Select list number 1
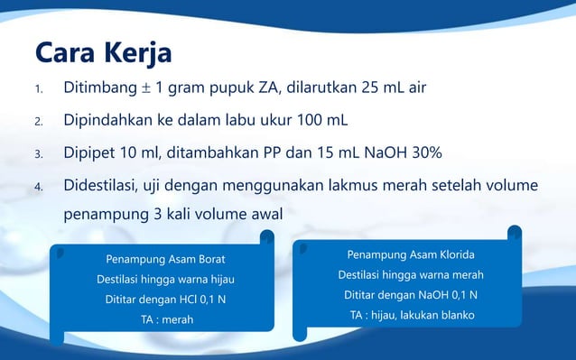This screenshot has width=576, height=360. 38,91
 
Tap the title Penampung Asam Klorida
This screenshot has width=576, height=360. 411,254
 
